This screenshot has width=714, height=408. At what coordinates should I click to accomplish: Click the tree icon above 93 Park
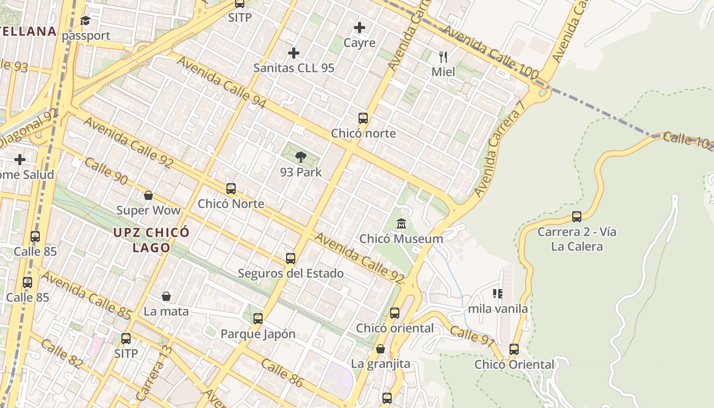301,157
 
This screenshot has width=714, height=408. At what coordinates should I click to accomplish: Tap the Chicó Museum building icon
401,224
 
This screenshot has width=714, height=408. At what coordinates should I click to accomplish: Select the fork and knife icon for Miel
443,57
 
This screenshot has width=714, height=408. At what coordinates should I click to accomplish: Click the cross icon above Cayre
360,28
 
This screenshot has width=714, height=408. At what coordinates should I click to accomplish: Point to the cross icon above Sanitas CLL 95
294,53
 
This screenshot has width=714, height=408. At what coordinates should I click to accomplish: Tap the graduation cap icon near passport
85,21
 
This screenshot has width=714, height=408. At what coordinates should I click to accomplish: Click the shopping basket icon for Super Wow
148,195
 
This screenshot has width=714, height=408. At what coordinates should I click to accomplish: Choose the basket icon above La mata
166,296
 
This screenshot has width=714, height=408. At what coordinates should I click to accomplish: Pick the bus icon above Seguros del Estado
291,259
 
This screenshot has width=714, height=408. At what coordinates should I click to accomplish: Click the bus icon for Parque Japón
258,319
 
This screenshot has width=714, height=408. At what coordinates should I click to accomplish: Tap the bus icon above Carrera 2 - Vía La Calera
577,217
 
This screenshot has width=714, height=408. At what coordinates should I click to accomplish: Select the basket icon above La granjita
380,349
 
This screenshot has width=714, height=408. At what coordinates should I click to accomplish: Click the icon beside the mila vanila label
498,294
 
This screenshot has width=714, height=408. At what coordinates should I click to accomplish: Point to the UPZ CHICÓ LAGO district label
151,240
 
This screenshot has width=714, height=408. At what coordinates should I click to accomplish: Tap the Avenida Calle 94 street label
222,82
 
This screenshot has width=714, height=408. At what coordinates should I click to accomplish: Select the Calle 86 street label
282,373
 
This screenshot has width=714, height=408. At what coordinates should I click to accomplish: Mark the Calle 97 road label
472,335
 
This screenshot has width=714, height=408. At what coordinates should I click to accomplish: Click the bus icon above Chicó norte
363,118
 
